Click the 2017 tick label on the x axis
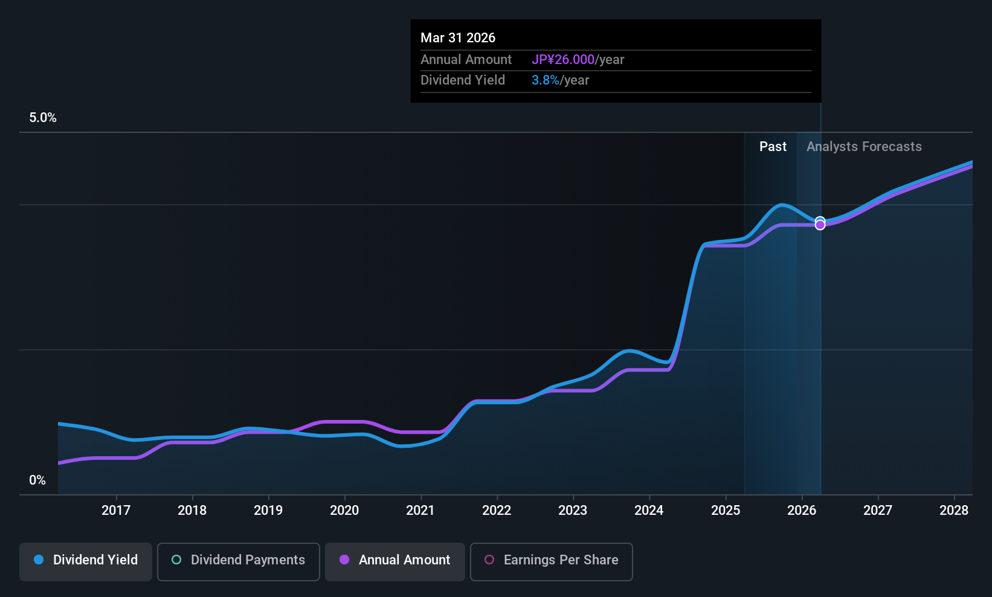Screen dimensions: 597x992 (x=116, y=510)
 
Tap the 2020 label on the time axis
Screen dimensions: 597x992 (x=344, y=510)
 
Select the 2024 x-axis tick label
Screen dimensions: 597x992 (x=649, y=510)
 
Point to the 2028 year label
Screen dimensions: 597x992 (x=954, y=510)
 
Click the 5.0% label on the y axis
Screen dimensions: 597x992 (x=43, y=118)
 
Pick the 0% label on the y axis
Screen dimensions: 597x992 (x=37, y=480)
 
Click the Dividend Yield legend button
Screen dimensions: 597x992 (x=86, y=560)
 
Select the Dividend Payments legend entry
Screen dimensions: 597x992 (x=239, y=560)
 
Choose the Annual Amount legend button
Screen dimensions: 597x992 (x=395, y=560)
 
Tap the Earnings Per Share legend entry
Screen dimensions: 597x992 (x=551, y=560)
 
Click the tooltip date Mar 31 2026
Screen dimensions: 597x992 (x=458, y=38)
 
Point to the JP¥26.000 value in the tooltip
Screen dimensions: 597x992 (x=563, y=60)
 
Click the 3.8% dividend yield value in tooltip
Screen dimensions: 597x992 (x=545, y=80)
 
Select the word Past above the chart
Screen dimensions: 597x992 (x=773, y=147)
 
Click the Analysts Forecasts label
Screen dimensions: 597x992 (x=864, y=147)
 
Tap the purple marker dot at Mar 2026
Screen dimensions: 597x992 (x=820, y=225)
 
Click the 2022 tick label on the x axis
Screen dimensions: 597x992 (x=497, y=510)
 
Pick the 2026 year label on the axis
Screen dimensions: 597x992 (x=802, y=510)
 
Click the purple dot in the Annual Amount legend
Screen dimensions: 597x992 (x=344, y=560)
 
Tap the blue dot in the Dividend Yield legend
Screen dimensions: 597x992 (x=39, y=560)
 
